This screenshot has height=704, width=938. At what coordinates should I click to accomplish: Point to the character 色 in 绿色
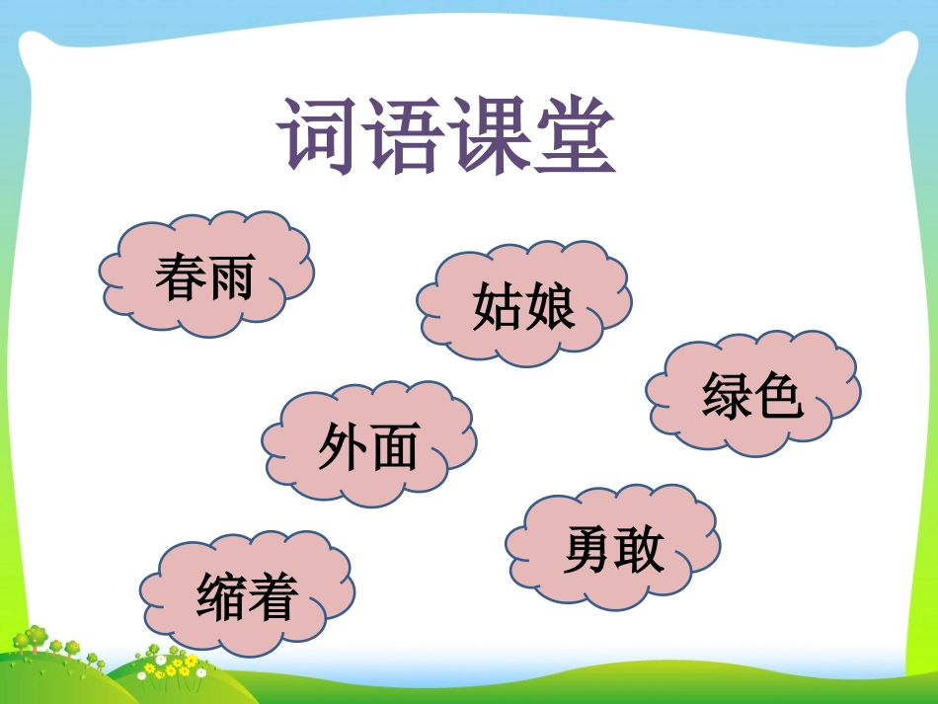click(x=778, y=397)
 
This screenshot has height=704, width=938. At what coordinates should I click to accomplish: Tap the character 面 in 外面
click(x=394, y=447)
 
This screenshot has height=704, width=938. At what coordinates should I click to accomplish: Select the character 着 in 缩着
click(x=273, y=596)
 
